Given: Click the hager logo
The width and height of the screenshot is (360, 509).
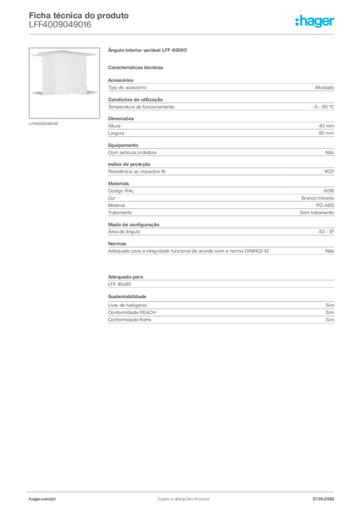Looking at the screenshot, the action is (314, 21).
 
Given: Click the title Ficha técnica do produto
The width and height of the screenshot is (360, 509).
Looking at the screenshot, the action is (79, 15).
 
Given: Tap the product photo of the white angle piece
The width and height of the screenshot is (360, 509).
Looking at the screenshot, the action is (64, 83).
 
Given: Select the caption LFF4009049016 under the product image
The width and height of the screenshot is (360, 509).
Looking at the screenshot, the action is (43, 124).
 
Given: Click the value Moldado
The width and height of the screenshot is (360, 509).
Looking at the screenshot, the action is (325, 87).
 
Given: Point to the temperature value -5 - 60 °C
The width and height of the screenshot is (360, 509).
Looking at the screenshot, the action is (323, 107).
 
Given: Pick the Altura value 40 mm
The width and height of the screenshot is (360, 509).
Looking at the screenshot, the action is (326, 126).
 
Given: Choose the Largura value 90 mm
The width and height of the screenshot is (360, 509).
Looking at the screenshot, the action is (326, 133).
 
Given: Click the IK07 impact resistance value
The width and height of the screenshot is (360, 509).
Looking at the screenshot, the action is (329, 171).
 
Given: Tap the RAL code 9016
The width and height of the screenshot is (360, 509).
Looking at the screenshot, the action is (329, 191).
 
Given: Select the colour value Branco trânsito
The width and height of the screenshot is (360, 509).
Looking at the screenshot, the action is (318, 198).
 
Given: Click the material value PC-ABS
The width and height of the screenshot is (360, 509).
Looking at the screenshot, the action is (325, 205).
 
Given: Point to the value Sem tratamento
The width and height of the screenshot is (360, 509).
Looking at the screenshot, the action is (317, 213).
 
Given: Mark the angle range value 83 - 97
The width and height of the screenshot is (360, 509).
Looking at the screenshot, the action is (326, 232).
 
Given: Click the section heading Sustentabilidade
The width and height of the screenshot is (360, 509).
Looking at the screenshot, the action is (127, 296).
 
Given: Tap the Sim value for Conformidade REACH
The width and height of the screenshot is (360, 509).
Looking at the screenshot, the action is (330, 312).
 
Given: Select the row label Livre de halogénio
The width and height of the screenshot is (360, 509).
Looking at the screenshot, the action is (127, 305).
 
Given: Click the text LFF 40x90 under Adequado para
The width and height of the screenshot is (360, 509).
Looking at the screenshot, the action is (119, 284).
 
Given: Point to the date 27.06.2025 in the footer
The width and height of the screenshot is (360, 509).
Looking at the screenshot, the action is (323, 499).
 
